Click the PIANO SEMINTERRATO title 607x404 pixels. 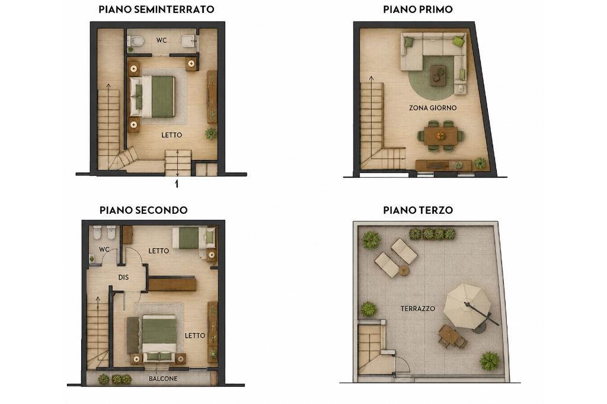(x=156, y=9)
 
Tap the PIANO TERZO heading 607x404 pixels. (x=418, y=210)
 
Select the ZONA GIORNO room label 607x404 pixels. (x=433, y=108)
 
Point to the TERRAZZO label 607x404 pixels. (x=418, y=309)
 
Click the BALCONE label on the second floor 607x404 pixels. (x=163, y=379)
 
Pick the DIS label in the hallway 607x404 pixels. (x=123, y=277)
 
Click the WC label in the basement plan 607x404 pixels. (x=161, y=40)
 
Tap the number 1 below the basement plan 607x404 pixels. (x=177, y=184)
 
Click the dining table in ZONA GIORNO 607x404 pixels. (x=440, y=136)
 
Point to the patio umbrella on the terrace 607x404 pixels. (x=467, y=306)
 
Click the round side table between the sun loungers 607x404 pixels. (x=404, y=270)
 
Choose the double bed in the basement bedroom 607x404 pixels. (x=152, y=97)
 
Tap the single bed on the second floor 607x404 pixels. (x=194, y=238)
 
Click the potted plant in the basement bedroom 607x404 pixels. (x=210, y=133)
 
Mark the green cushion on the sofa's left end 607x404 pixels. (x=410, y=42)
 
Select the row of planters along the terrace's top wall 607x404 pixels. (x=432, y=234)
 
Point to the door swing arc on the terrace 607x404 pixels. (x=404, y=363)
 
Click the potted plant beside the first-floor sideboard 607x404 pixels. (x=480, y=163)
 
